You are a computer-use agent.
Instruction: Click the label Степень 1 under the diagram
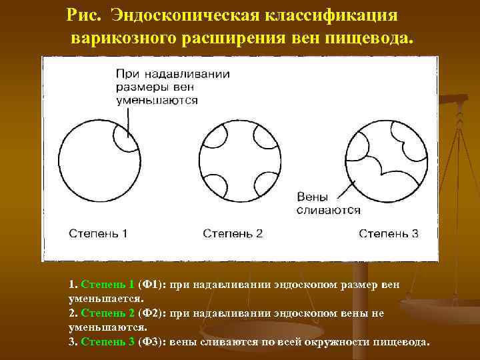pyautogui.click(x=98, y=233)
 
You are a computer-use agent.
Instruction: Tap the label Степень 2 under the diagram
pyautogui.click(x=233, y=233)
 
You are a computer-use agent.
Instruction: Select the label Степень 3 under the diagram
pyautogui.click(x=389, y=233)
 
